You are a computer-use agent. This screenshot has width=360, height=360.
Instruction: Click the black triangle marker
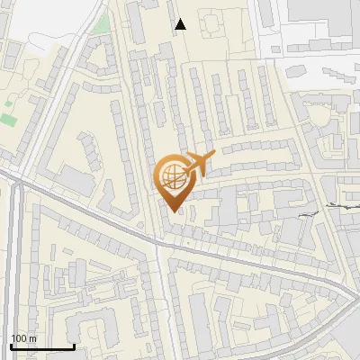tap(180, 24)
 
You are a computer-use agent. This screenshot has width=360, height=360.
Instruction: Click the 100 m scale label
tap(22, 338)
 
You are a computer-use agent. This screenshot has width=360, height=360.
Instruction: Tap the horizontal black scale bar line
tap(41, 346)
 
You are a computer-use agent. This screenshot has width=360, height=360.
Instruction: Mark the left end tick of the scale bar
tap(10, 345)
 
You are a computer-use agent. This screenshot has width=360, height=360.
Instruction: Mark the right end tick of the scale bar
tap(74, 345)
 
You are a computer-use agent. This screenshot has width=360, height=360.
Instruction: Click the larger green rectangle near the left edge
tap(9, 118)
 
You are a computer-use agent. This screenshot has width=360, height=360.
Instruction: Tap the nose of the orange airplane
tap(214, 157)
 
